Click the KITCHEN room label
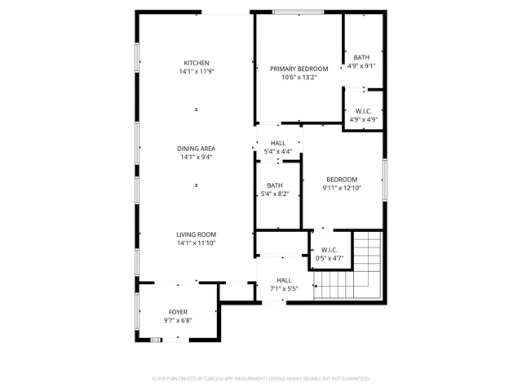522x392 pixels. point(196,63)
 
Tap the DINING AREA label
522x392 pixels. point(196,149)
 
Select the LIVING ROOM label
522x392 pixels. point(196,234)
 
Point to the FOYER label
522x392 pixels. point(178,312)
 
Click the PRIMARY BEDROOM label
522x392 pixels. point(299,69)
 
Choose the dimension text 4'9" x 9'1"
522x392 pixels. point(361,66)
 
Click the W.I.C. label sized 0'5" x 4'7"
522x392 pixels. point(330,250)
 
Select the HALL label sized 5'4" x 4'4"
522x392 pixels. point(277,143)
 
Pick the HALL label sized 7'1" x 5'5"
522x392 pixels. point(284,280)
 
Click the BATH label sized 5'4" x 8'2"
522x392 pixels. point(275,185)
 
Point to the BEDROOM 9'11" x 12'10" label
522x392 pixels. point(342,180)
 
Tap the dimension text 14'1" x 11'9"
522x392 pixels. point(196,72)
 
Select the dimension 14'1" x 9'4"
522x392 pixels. point(196,158)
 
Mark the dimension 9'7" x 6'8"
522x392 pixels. point(178,321)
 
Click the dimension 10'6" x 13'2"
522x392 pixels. point(299,78)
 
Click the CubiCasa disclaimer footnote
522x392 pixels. point(261,379)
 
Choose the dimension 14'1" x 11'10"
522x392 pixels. point(196,243)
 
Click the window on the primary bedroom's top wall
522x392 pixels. point(296,11)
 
